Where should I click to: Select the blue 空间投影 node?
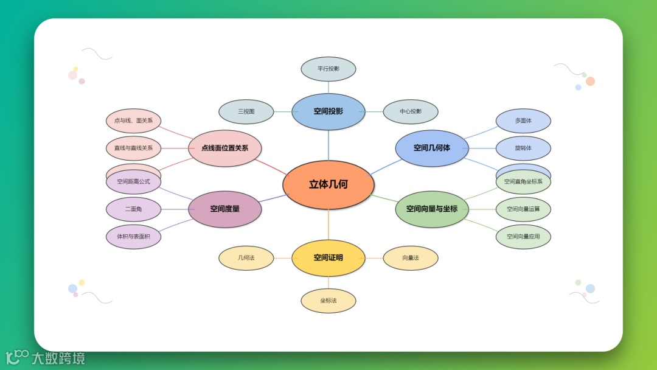click(x=328, y=111)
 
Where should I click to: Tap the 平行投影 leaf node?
click(x=328, y=69)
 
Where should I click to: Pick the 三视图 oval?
click(x=246, y=111)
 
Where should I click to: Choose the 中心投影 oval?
click(x=411, y=111)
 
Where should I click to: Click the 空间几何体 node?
click(x=432, y=148)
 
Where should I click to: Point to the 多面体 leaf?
click(x=523, y=120)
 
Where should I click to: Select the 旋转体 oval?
click(x=523, y=148)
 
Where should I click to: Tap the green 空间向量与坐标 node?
click(x=432, y=209)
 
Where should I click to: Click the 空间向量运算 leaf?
click(x=523, y=209)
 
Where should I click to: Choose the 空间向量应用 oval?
click(x=523, y=237)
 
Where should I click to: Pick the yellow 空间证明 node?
click(x=328, y=257)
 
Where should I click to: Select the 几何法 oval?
click(x=246, y=258)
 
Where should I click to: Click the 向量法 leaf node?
click(x=411, y=258)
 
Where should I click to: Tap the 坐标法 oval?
click(x=328, y=301)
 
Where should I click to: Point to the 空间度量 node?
click(x=225, y=209)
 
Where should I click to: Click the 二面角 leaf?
click(x=134, y=209)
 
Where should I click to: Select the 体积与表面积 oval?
click(x=134, y=237)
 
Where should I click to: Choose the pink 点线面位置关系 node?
click(x=225, y=148)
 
